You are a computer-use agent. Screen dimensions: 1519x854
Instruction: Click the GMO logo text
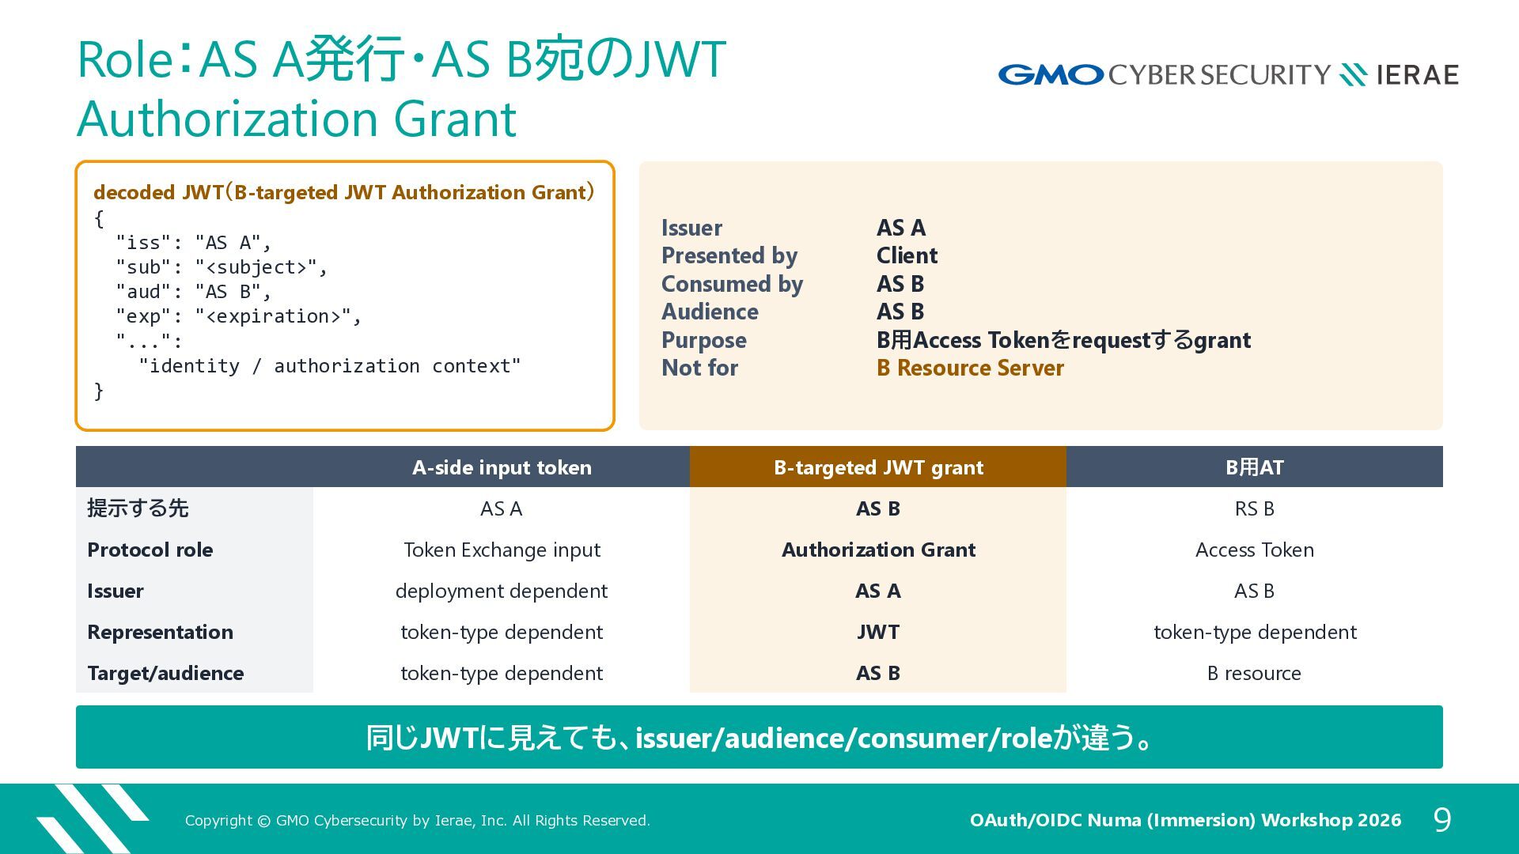tap(1051, 75)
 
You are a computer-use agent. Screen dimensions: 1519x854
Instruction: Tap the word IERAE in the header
tap(1418, 75)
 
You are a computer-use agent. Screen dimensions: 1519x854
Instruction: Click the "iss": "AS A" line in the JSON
tap(194, 243)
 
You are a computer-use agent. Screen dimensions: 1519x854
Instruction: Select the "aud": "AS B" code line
tap(194, 292)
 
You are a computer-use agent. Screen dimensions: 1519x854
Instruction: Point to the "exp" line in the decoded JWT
tap(239, 316)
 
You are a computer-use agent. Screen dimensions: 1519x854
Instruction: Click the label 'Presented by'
tap(729, 255)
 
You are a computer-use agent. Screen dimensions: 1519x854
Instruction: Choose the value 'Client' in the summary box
tap(907, 255)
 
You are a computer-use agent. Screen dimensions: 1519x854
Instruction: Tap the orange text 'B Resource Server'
tap(970, 368)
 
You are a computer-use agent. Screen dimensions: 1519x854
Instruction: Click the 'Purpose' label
tap(704, 340)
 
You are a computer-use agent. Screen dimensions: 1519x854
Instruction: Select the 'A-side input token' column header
tap(502, 467)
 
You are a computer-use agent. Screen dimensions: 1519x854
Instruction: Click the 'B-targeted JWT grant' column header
tap(878, 467)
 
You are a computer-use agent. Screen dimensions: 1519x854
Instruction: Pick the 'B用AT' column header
tap(1255, 467)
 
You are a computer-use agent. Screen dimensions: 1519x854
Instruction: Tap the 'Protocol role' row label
tap(150, 550)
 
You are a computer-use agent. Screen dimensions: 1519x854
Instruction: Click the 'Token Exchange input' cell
tap(502, 550)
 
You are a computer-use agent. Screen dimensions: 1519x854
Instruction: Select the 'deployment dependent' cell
tap(502, 591)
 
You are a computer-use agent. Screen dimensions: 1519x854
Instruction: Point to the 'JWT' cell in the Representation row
tap(878, 632)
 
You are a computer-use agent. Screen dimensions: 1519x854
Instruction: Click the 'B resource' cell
tap(1255, 673)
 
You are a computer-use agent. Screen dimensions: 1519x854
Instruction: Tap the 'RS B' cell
tap(1255, 508)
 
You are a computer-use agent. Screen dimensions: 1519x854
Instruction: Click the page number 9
tap(1442, 820)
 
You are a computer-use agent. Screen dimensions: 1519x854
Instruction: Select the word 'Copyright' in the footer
tap(218, 821)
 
